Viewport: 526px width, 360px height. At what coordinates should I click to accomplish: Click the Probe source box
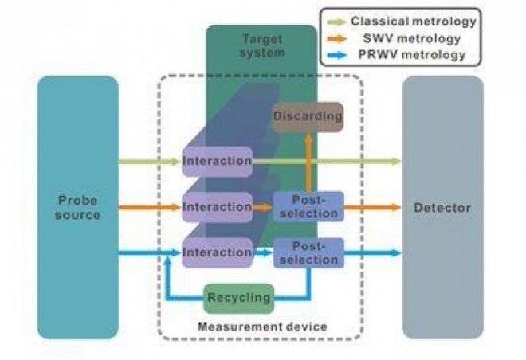coord(78,207)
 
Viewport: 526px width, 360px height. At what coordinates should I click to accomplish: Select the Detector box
coord(443,207)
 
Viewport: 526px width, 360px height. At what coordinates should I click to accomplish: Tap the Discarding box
coord(308,117)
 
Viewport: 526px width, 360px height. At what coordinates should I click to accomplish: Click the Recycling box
coord(239,298)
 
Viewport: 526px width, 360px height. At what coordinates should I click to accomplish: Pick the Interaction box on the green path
coord(218,161)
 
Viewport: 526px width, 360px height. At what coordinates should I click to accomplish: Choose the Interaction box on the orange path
coord(218,207)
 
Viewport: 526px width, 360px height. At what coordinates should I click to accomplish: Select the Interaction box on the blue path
coord(218,252)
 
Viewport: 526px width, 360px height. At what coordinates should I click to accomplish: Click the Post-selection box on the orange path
coord(308,207)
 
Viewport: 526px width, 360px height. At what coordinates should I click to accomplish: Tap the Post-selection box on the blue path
coord(308,253)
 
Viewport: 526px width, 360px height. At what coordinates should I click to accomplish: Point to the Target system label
coord(262,46)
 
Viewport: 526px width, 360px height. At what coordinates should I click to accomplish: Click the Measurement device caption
coord(262,327)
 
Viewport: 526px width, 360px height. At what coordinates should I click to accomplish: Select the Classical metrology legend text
coord(414,22)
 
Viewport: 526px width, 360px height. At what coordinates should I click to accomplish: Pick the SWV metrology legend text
coord(412,38)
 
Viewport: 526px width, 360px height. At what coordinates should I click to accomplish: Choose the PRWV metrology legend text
coord(412,55)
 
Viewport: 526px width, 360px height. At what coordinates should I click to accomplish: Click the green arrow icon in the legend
coord(337,22)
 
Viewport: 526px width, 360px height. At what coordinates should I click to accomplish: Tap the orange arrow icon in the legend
coord(337,39)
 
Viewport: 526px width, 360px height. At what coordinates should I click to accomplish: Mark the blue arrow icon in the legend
coord(337,55)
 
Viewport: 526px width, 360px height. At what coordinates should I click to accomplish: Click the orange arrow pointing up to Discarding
coord(308,162)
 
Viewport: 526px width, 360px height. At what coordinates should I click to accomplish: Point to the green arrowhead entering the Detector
coord(397,162)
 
